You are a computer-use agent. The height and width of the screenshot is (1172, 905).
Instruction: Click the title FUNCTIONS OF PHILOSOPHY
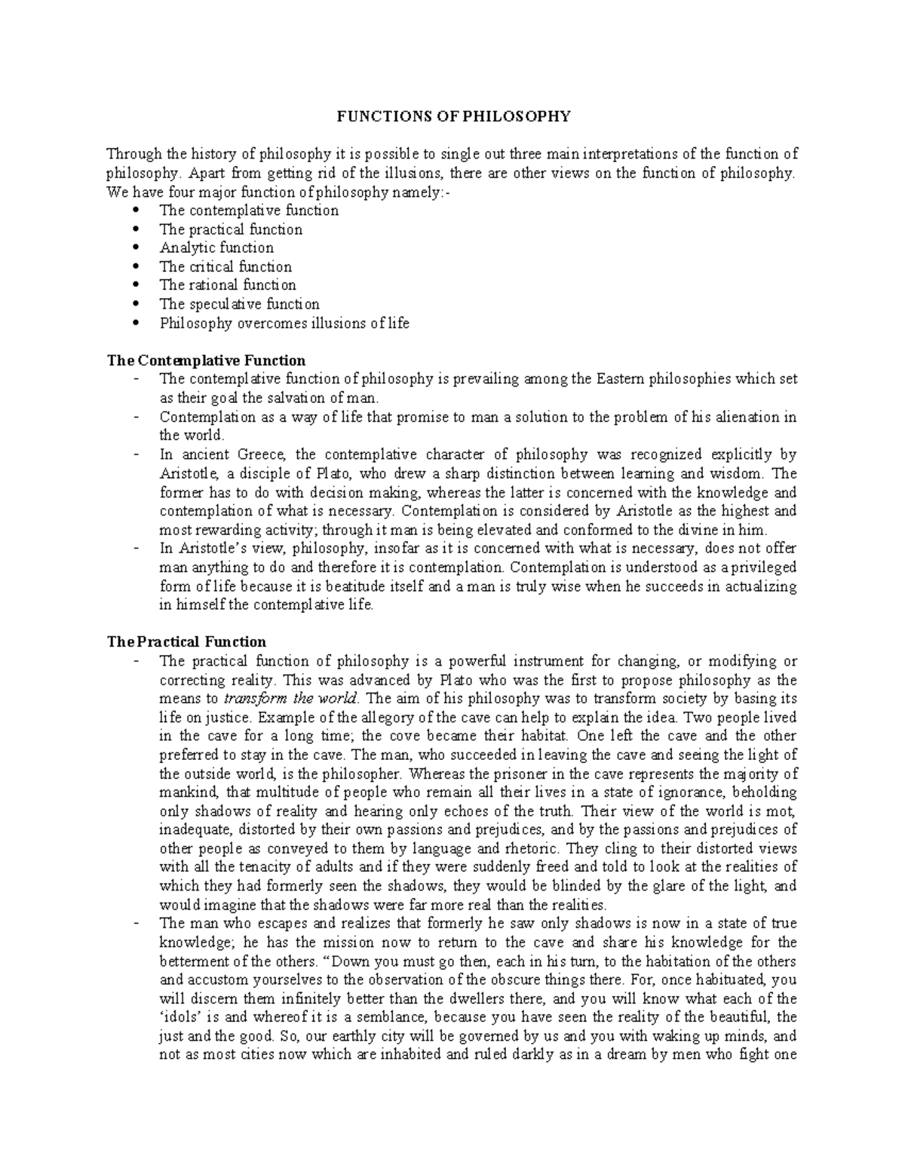click(452, 116)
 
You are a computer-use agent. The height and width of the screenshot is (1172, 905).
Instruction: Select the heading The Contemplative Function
click(206, 360)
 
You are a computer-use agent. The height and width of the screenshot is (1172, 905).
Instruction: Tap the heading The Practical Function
click(187, 641)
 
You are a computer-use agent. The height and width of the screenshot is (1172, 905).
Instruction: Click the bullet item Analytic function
click(216, 248)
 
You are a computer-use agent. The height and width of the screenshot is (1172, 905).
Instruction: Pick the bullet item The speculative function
click(239, 304)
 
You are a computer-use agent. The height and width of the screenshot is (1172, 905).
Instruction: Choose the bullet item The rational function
click(227, 285)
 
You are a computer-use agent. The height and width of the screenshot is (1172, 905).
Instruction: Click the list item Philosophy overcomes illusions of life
click(284, 323)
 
